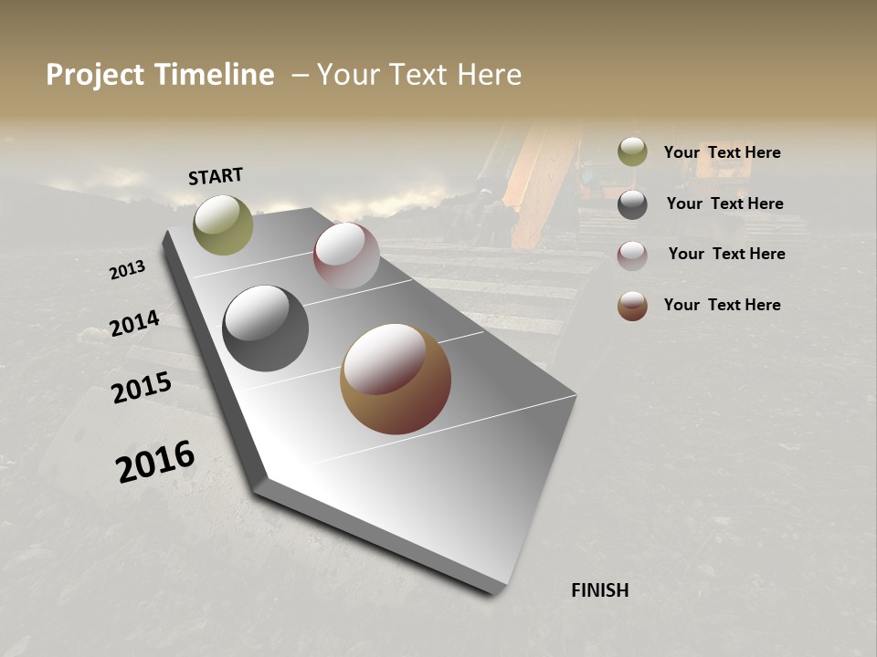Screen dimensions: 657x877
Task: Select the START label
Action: pyautogui.click(x=216, y=176)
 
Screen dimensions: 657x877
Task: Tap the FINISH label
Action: pyautogui.click(x=599, y=590)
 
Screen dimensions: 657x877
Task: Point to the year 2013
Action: pyautogui.click(x=127, y=270)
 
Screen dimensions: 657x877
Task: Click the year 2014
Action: pyautogui.click(x=134, y=324)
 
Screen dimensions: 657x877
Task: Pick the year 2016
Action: pyautogui.click(x=155, y=462)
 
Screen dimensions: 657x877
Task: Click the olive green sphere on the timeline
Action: pyautogui.click(x=223, y=224)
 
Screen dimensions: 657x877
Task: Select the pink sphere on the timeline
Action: pyautogui.click(x=346, y=255)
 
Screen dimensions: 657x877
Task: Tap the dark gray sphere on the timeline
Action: pyautogui.click(x=265, y=328)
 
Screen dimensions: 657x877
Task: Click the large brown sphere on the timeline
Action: pyautogui.click(x=396, y=379)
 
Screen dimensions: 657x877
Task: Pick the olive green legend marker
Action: pyautogui.click(x=632, y=151)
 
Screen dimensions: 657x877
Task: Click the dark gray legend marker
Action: pyautogui.click(x=632, y=203)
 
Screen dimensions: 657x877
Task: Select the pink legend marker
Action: pyautogui.click(x=632, y=255)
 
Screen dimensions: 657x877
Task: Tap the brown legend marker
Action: pyautogui.click(x=632, y=306)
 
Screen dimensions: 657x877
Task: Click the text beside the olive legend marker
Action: pyautogui.click(x=722, y=152)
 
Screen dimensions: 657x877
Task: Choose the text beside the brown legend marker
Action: pyautogui.click(x=722, y=305)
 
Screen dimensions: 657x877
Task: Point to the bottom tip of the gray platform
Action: pyautogui.click(x=494, y=593)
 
